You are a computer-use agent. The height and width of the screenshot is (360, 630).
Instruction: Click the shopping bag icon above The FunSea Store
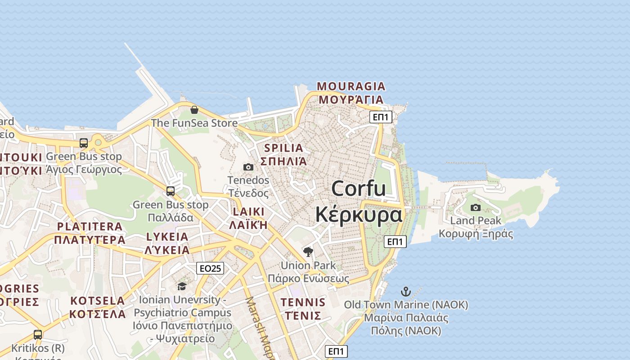194,110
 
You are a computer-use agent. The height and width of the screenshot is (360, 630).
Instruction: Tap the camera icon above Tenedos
248,167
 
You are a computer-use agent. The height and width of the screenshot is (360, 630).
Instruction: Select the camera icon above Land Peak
476,207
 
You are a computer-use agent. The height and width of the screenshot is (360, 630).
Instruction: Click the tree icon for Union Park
308,252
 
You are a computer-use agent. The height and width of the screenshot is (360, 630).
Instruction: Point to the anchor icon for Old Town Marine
406,292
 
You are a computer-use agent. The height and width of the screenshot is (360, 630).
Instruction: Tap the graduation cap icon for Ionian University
182,286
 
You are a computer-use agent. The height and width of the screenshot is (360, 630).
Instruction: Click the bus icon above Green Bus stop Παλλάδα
171,191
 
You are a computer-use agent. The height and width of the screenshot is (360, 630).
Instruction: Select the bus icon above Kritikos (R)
38,335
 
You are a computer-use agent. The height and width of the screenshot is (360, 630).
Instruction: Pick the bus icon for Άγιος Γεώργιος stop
84,143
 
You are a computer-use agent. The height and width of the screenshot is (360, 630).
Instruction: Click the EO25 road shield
210,269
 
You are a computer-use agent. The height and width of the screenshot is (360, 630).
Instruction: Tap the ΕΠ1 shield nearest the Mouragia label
381,117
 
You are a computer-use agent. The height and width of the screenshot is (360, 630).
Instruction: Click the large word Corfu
359,188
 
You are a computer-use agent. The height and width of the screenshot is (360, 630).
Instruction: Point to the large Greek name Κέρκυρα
359,215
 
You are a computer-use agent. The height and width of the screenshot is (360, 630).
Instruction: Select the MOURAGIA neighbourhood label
351,86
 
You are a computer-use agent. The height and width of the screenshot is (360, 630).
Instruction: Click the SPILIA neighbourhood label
283,148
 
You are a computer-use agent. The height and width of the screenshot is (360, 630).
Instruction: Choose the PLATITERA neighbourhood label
90,226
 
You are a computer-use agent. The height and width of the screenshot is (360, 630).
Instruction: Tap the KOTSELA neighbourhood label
98,301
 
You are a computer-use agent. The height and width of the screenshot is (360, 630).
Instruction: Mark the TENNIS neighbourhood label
303,302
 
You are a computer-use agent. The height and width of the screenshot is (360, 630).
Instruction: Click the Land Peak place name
476,220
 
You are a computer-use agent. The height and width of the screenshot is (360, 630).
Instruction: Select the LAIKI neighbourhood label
248,211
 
